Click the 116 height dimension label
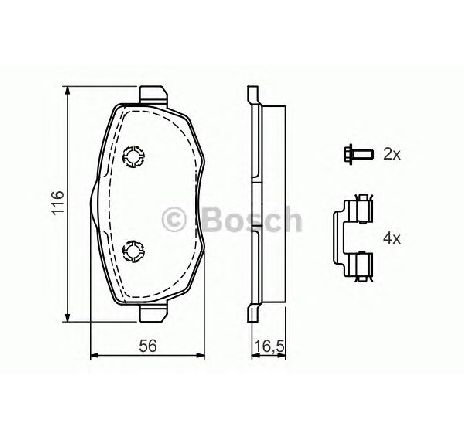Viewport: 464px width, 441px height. tap(58, 203)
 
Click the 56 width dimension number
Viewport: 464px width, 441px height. tap(147, 346)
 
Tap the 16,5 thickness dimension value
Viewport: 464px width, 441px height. tap(269, 347)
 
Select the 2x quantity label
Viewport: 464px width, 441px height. tap(392, 154)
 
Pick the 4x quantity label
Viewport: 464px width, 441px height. tap(392, 238)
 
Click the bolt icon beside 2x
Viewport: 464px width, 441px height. tap(358, 154)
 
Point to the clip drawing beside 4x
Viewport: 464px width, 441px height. tap(353, 238)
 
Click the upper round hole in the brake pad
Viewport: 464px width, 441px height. tap(134, 155)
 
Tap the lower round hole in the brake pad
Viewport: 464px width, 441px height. tap(134, 251)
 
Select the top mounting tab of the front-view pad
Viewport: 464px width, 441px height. tap(153, 94)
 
